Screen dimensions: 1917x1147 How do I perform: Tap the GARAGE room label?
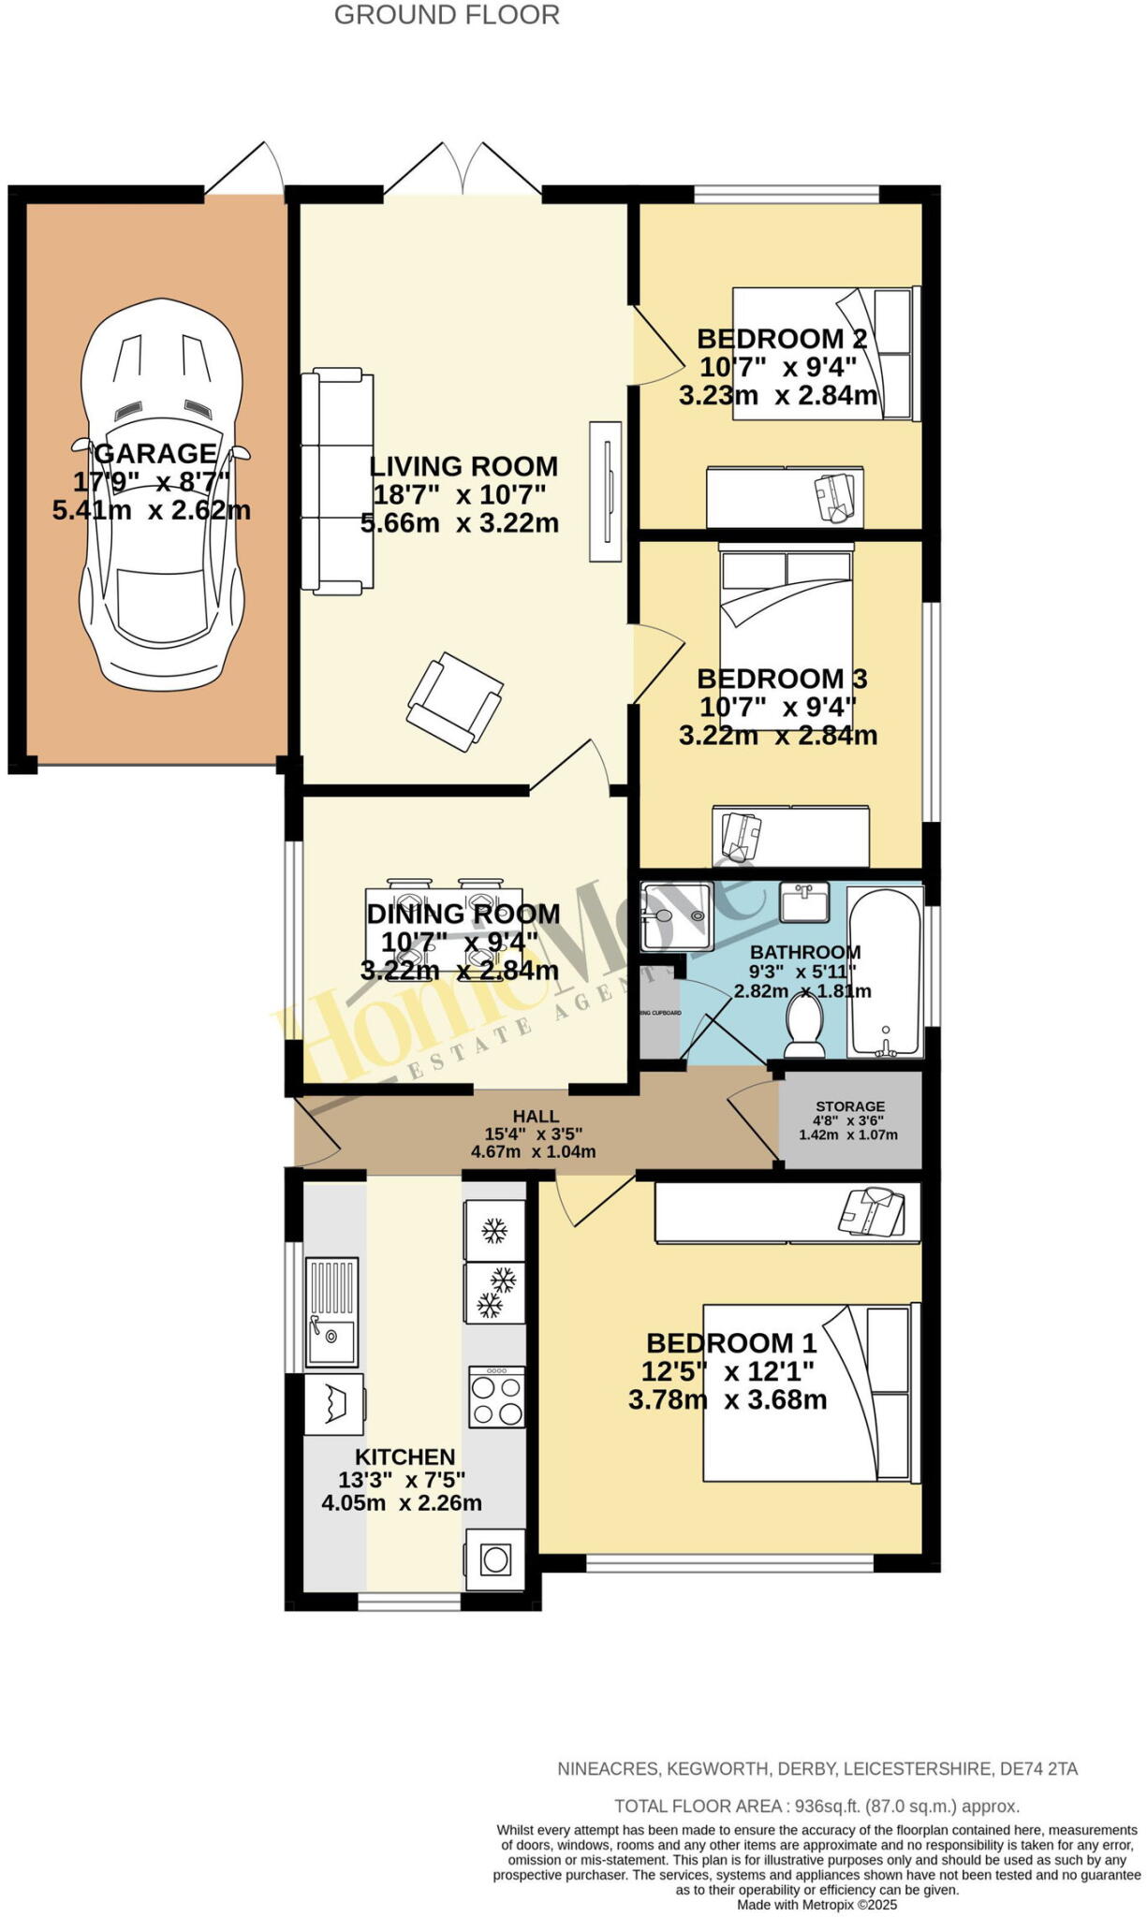[x=155, y=453]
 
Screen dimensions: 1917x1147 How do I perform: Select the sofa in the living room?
[x=337, y=481]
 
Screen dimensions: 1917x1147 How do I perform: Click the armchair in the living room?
[x=454, y=701]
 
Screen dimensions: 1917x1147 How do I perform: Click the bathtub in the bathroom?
[x=885, y=972]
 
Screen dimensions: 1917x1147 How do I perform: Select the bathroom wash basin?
[x=804, y=904]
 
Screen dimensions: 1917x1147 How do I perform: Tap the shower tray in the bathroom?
[x=676, y=916]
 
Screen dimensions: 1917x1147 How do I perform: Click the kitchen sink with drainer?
[x=332, y=1310]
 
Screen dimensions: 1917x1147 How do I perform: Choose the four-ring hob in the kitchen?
[x=496, y=1398]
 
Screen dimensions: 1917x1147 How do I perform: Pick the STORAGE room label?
[x=849, y=1106]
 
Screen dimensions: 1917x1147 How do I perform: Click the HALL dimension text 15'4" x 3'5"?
[x=534, y=1134]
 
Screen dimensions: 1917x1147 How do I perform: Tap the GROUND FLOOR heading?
[x=447, y=16]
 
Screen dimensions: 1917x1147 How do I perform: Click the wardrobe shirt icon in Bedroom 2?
[x=835, y=497]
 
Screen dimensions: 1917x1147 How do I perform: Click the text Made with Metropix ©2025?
[x=816, y=1905]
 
